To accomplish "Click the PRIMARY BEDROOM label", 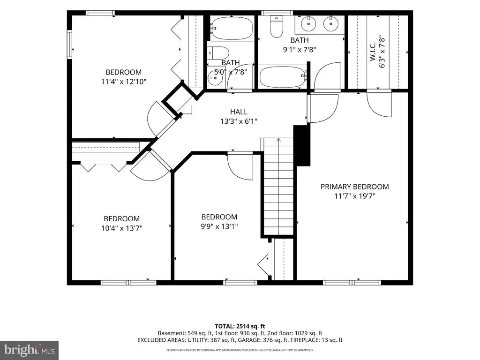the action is (x=354, y=187).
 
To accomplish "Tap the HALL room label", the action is (x=239, y=112).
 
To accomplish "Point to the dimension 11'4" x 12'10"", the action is (x=124, y=82).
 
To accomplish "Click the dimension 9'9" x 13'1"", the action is (x=219, y=226).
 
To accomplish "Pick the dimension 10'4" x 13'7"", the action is (x=122, y=228).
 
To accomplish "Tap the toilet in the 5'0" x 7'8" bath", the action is (x=218, y=53).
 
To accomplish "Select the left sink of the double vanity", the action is (x=308, y=23).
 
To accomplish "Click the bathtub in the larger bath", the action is (x=283, y=76).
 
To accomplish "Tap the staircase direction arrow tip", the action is (x=278, y=139).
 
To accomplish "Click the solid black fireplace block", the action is (x=302, y=145).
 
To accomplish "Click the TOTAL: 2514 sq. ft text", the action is (x=240, y=326).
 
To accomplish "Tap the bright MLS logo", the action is (x=30, y=350).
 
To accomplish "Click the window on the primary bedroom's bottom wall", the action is (x=352, y=282).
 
